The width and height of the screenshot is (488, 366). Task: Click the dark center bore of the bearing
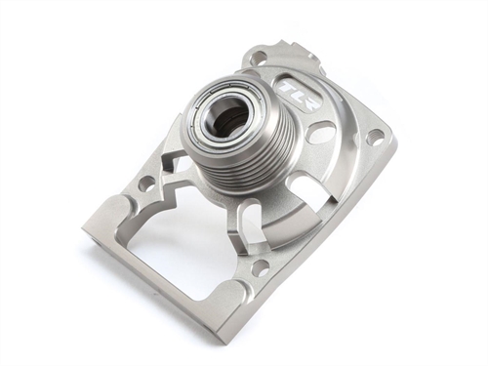(230, 120)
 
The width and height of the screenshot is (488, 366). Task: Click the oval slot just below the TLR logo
(320, 132)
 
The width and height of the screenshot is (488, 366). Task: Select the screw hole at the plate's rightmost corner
(375, 138)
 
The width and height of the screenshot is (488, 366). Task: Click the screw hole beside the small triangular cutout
(145, 183)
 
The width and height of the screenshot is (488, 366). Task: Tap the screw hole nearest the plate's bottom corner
(262, 264)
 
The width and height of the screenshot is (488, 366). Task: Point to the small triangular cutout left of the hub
(172, 162)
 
